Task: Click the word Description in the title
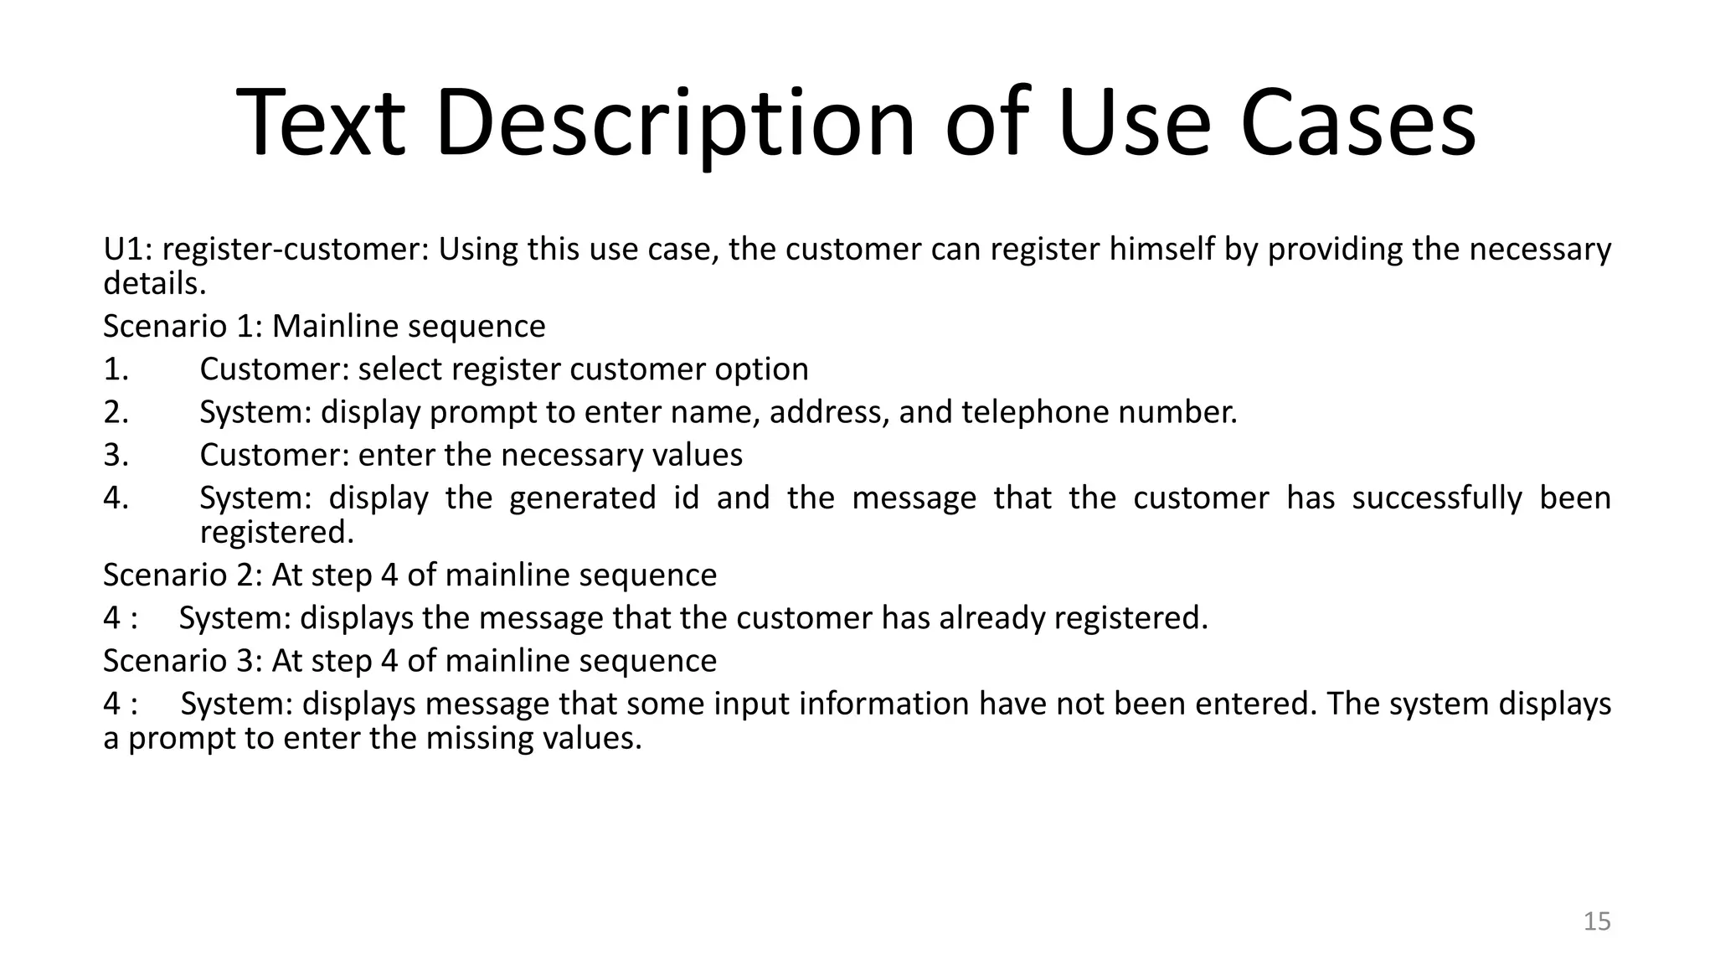[675, 124]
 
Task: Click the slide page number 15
[1597, 921]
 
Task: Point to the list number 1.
[116, 369]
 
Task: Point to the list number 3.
[116, 455]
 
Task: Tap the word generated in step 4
[582, 498]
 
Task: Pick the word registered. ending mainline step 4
[277, 532]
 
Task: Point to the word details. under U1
[154, 284]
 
